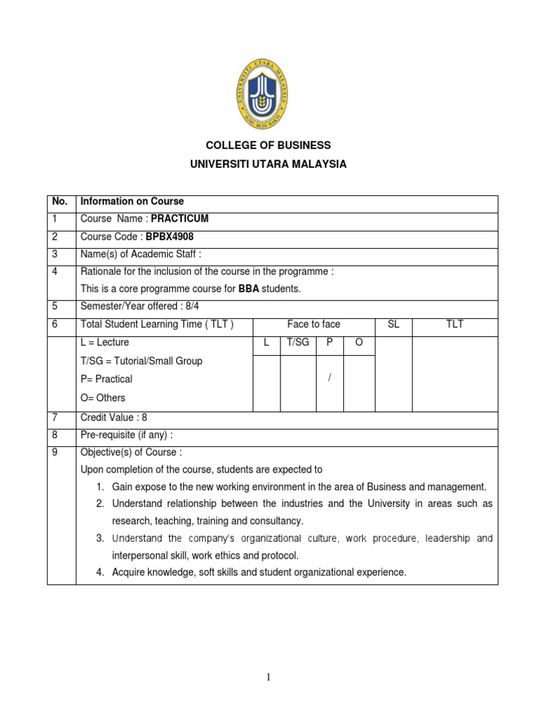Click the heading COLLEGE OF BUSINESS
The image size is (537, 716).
268,145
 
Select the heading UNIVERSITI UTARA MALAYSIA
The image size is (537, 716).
268,165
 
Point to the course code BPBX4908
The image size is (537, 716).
169,237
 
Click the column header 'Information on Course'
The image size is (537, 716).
132,201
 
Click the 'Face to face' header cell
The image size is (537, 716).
313,324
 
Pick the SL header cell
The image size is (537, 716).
393,324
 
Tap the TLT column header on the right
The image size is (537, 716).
454,324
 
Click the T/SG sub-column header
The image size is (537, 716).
298,343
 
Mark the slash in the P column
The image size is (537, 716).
329,378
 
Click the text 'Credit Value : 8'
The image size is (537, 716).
114,417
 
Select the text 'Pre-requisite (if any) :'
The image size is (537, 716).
127,435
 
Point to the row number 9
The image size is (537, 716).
55,452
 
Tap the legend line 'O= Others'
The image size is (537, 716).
103,397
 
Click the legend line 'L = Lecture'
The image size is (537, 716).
105,343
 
